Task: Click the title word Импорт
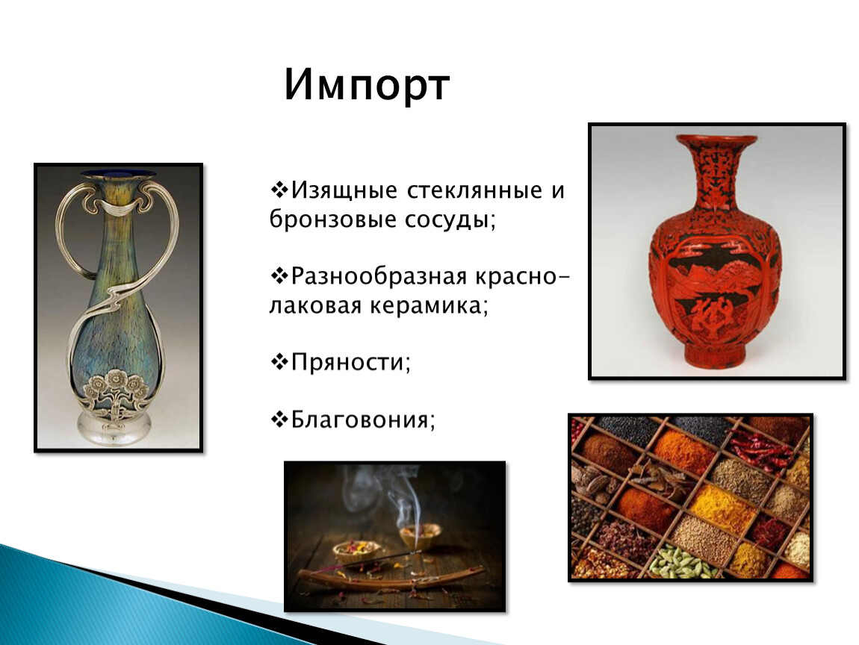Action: (367, 85)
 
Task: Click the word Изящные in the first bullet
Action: (344, 191)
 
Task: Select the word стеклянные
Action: (474, 190)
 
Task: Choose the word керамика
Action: (427, 305)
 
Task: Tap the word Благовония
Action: (361, 420)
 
